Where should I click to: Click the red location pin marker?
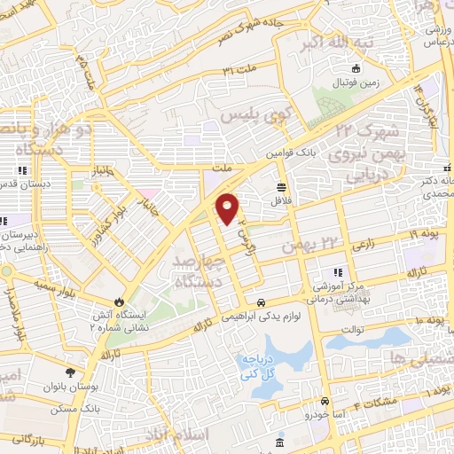pyautogui.click(x=228, y=207)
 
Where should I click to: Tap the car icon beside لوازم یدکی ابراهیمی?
pyautogui.click(x=262, y=301)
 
